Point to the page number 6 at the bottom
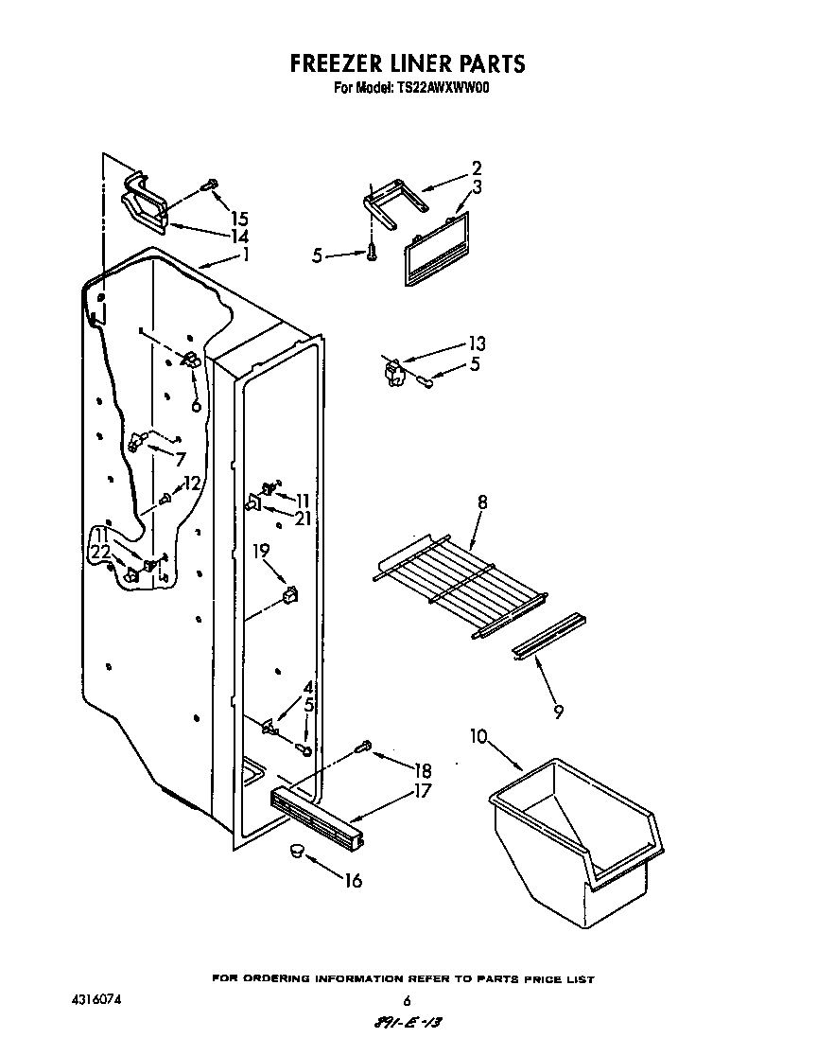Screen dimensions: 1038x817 pyautogui.click(x=407, y=1001)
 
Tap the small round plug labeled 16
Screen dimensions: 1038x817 pyautogui.click(x=297, y=851)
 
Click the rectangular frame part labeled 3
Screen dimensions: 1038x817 pyautogui.click(x=436, y=248)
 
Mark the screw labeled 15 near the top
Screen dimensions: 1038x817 pyautogui.click(x=210, y=185)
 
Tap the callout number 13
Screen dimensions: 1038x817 pyautogui.click(x=476, y=343)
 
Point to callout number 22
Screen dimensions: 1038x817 pyautogui.click(x=100, y=552)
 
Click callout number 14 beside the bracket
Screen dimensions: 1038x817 pyautogui.click(x=239, y=236)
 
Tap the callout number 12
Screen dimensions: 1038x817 pyautogui.click(x=192, y=483)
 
